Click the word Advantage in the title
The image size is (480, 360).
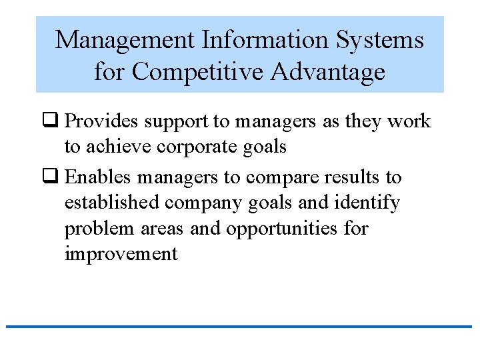pos(326,71)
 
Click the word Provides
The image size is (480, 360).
pos(103,122)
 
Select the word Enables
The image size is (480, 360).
pos(101,177)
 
